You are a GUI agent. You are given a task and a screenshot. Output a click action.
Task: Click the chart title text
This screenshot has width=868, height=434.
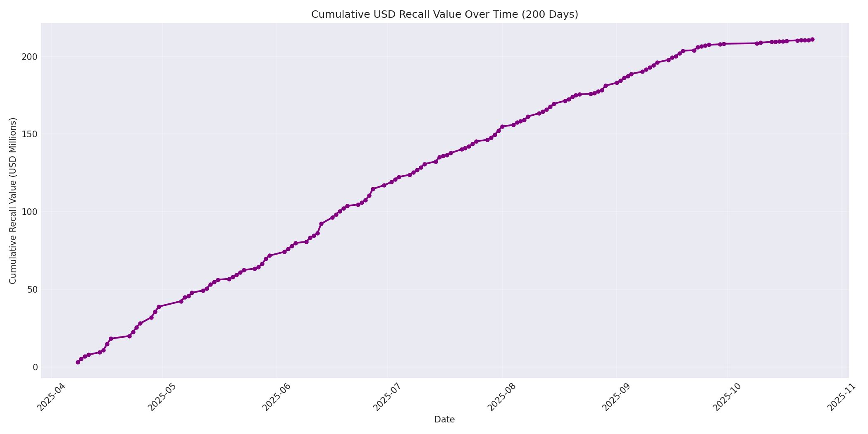(x=444, y=14)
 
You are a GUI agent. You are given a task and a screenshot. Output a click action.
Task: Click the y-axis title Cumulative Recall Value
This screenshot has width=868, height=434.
(x=13, y=201)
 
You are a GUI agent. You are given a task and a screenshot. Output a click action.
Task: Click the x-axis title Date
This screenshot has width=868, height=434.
(x=444, y=420)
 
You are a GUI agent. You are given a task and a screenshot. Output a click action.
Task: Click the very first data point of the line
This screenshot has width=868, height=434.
(x=78, y=362)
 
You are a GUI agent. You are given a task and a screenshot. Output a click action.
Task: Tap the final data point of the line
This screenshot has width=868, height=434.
(x=812, y=40)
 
